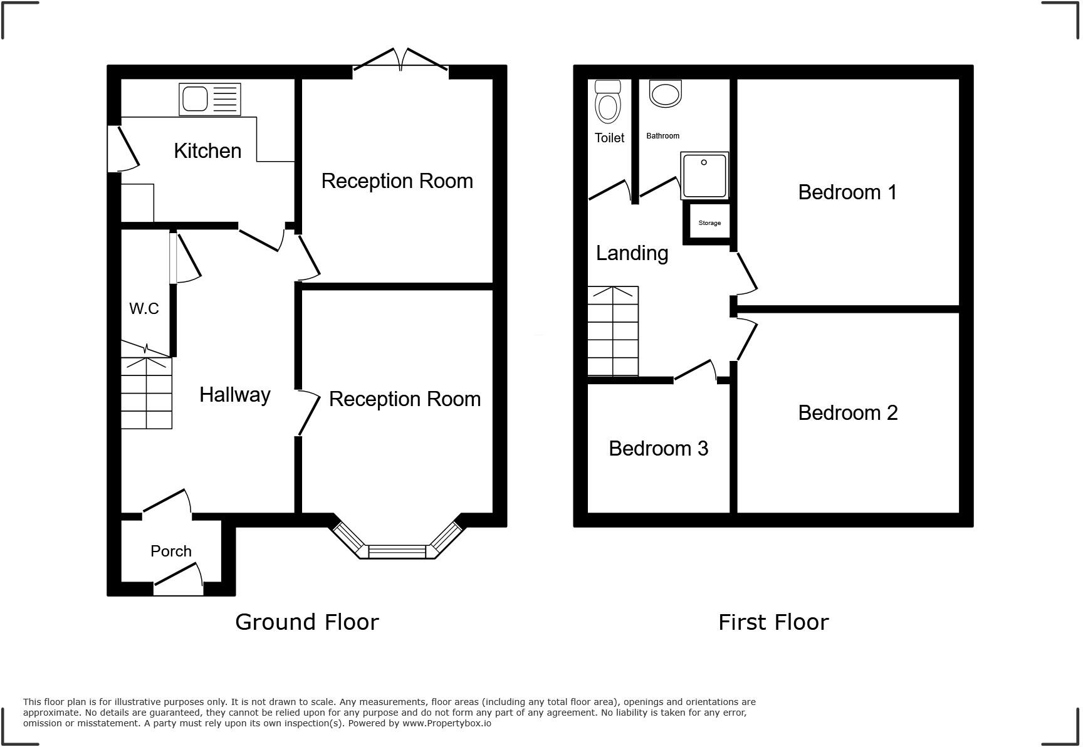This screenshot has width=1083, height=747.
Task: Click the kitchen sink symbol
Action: click(x=209, y=99)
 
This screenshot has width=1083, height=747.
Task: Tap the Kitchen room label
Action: click(x=207, y=151)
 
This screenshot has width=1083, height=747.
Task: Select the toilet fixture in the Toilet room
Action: click(x=607, y=103)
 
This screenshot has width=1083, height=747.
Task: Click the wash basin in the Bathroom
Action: click(x=665, y=94)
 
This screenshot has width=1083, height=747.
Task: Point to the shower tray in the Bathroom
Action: click(x=704, y=175)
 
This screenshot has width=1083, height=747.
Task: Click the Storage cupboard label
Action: click(x=709, y=223)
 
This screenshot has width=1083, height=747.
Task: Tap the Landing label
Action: click(x=632, y=253)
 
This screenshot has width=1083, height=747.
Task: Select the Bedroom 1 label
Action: click(x=847, y=192)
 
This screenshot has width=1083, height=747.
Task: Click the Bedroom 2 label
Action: click(x=847, y=413)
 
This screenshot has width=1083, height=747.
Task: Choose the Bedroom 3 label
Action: click(x=658, y=449)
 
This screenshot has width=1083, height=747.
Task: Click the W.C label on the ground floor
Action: click(x=144, y=308)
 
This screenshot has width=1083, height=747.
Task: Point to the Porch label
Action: click(x=170, y=551)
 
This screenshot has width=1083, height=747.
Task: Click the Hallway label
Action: click(x=234, y=395)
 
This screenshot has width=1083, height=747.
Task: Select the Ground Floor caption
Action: click(x=306, y=622)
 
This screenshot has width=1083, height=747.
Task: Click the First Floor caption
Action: click(x=773, y=622)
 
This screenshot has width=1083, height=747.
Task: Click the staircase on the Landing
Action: click(x=613, y=331)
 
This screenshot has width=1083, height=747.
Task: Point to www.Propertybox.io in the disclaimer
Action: click(x=446, y=723)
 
